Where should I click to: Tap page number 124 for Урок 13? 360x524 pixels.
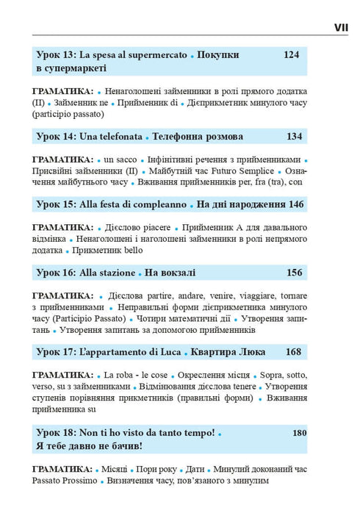[x=292, y=55]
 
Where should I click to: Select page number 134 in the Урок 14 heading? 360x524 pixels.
[x=292, y=137]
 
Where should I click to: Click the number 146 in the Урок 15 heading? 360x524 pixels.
[x=292, y=204]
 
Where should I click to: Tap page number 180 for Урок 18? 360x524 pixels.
[x=298, y=433]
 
